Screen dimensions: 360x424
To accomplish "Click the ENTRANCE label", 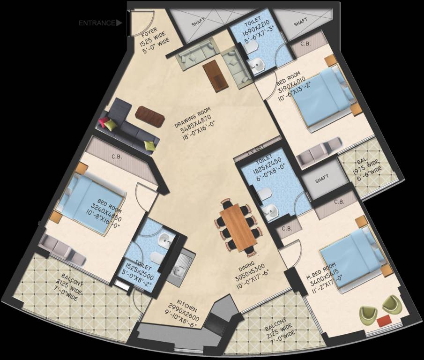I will coord(97,22).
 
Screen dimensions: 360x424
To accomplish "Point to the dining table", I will coord(238,228).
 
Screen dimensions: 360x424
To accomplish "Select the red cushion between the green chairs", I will coord(384,321).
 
